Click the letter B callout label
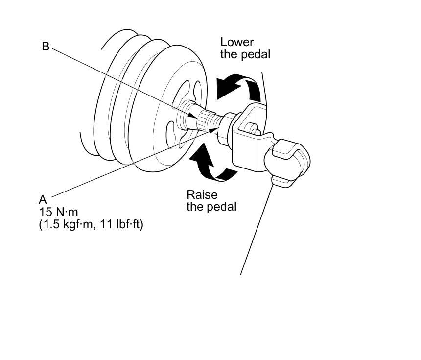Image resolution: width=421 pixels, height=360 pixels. (46, 47)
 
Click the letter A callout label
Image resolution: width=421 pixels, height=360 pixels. (43, 200)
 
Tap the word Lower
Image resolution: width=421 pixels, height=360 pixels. (237, 42)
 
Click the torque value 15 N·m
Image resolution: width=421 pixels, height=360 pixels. (59, 213)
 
